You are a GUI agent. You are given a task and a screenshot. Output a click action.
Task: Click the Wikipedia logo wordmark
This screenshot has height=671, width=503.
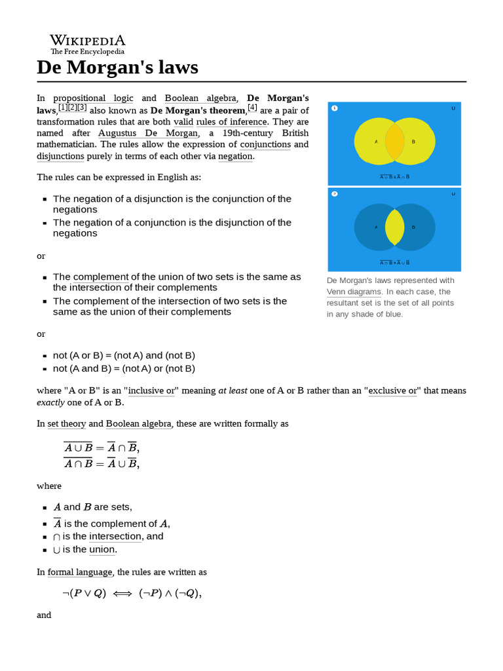click(x=88, y=41)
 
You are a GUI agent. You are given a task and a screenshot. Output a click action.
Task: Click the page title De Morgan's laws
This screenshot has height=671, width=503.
click(x=117, y=67)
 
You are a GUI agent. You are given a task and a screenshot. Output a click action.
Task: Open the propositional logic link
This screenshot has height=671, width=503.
click(x=93, y=98)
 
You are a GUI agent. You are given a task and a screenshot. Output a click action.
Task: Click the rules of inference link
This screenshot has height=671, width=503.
click(x=231, y=121)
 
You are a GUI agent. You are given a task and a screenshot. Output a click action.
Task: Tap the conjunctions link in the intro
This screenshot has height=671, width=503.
click(x=265, y=144)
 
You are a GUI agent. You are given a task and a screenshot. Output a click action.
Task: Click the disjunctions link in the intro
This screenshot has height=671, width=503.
click(x=60, y=156)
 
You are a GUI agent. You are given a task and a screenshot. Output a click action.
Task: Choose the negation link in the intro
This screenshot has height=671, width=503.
click(x=234, y=156)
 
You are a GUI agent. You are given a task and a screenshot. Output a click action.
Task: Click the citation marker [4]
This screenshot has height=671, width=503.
click(x=252, y=107)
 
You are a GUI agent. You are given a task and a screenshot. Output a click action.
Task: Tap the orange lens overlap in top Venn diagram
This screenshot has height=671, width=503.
click(x=394, y=142)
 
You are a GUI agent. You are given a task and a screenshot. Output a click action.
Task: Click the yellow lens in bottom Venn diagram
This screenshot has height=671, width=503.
click(x=394, y=227)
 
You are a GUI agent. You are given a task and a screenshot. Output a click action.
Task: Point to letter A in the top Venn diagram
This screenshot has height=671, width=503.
click(x=376, y=142)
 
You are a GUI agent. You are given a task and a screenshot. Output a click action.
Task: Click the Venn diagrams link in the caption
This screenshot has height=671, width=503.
click(x=354, y=292)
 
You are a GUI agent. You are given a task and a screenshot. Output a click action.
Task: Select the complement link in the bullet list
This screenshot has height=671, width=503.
click(x=101, y=277)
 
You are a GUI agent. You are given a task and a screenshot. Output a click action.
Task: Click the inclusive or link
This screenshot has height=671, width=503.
click(x=151, y=391)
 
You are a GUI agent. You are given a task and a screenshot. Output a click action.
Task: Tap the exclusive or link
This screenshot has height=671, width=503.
click(x=393, y=391)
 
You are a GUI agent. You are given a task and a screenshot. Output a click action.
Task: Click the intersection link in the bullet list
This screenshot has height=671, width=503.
click(x=115, y=536)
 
